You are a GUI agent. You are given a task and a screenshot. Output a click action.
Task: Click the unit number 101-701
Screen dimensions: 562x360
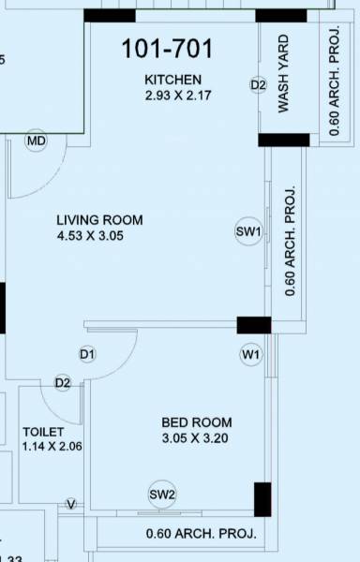[x=168, y=49]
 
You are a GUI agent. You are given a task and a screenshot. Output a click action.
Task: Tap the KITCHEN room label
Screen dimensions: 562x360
[x=172, y=79]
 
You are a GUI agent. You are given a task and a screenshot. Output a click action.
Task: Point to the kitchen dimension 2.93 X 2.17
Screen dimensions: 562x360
[x=179, y=95]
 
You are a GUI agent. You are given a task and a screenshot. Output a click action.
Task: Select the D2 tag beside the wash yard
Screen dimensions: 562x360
[x=259, y=85]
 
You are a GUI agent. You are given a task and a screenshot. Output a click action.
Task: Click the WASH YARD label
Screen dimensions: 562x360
[x=283, y=75]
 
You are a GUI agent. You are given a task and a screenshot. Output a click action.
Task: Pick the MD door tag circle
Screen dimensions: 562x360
[x=37, y=141]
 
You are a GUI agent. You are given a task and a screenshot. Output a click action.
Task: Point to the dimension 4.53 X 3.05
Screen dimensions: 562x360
[x=90, y=236]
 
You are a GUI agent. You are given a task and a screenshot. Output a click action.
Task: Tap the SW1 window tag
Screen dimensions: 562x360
[x=248, y=231]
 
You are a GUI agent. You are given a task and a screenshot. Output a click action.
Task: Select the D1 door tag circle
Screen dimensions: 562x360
[x=87, y=355]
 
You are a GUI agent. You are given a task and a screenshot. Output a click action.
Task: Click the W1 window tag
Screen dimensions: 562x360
[x=250, y=355]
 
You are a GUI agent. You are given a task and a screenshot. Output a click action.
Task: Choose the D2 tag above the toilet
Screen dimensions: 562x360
[x=63, y=382]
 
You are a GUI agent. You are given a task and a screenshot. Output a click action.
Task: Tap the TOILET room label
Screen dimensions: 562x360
[x=44, y=432]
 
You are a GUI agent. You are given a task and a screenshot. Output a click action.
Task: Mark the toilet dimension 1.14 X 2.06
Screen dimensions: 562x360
[x=52, y=447]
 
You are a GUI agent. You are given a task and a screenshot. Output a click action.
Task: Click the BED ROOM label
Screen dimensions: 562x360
[x=197, y=422]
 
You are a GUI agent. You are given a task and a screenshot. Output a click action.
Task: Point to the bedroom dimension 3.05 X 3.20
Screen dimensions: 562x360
[x=195, y=438]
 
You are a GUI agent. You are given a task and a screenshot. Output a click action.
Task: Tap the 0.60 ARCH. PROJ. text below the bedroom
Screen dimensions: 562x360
[x=201, y=534]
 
